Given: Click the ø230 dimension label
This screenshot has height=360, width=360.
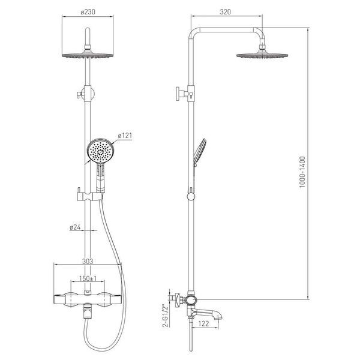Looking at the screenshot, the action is tap(88, 12).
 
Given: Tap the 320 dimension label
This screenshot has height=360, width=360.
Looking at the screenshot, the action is tap(225, 12).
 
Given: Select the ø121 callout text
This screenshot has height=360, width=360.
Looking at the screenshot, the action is tap(125, 136).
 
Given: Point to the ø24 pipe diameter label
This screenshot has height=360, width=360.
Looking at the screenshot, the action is tap(75, 227).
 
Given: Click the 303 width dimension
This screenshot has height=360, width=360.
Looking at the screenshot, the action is tap(88, 261).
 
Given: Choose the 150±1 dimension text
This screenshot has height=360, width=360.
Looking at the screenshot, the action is tap(88, 278).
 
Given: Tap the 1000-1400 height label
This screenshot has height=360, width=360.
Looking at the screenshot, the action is tap(302, 172).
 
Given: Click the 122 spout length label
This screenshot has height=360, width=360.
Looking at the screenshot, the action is tap(203, 324).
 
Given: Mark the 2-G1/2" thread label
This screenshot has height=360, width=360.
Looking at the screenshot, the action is tap(165, 316).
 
